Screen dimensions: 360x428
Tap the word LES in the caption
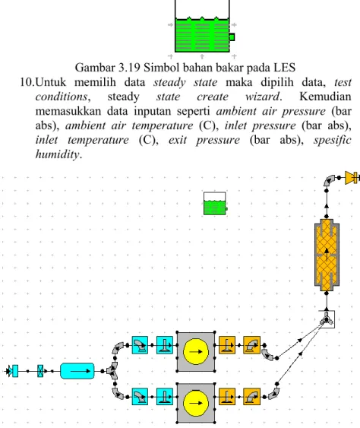coord(285,68)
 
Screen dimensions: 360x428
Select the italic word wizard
coord(263,97)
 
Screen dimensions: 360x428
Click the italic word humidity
coord(58,154)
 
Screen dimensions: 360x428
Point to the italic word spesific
coord(332,140)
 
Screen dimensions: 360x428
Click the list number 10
coord(27,82)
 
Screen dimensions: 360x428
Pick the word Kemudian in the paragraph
coord(325,97)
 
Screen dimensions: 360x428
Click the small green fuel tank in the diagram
coord(215,204)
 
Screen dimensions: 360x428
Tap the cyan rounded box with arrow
coord(77,371)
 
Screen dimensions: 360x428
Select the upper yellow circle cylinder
coord(196,351)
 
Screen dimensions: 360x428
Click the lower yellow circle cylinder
coord(196,403)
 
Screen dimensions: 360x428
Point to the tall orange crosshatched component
coord(327,255)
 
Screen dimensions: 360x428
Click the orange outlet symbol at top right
coord(352,178)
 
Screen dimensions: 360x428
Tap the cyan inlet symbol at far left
coord(13,371)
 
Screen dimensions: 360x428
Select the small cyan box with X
coord(40,371)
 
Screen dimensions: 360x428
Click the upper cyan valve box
coord(165,345)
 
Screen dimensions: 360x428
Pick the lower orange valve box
coord(227,397)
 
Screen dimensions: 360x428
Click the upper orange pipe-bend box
coord(251,345)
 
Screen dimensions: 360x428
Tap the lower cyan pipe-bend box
coord(140,397)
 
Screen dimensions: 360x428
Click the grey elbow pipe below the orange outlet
coord(329,180)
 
